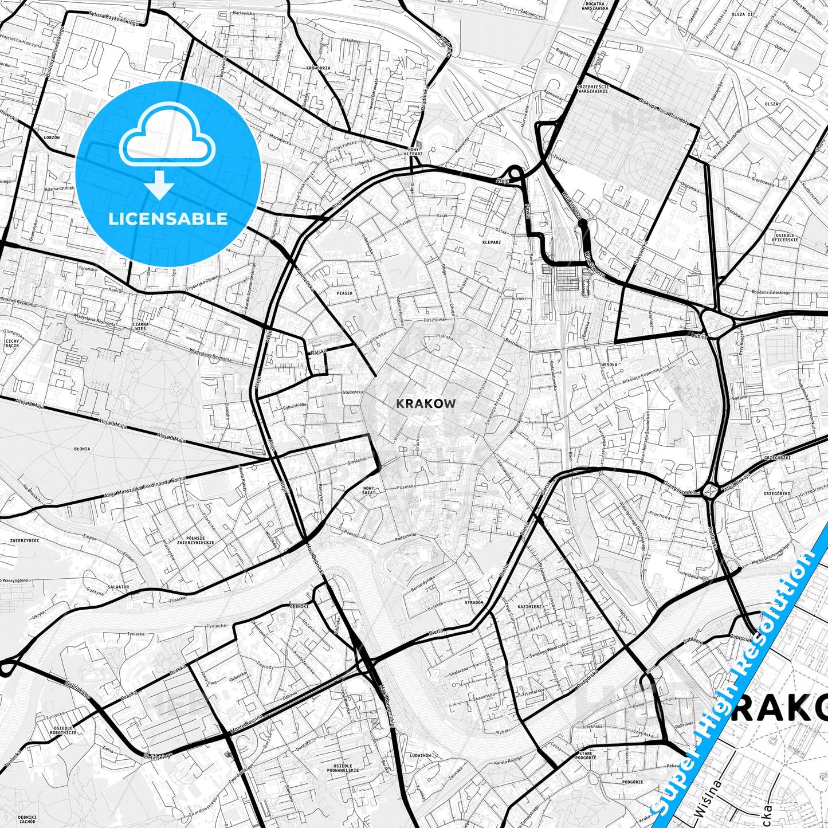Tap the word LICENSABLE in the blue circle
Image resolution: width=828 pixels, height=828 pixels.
click(168, 218)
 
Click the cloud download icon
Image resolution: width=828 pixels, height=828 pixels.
click(168, 152)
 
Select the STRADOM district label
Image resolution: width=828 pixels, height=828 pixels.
click(474, 602)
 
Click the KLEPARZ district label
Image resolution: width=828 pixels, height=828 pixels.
click(491, 242)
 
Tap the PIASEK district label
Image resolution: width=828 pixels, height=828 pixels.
click(344, 293)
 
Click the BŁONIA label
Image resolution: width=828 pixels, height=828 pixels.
click(82, 449)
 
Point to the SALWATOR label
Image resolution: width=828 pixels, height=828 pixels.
click(118, 587)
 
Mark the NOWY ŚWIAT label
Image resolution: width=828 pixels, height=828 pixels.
click(368, 490)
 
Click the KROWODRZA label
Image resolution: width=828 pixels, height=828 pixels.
click(318, 68)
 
